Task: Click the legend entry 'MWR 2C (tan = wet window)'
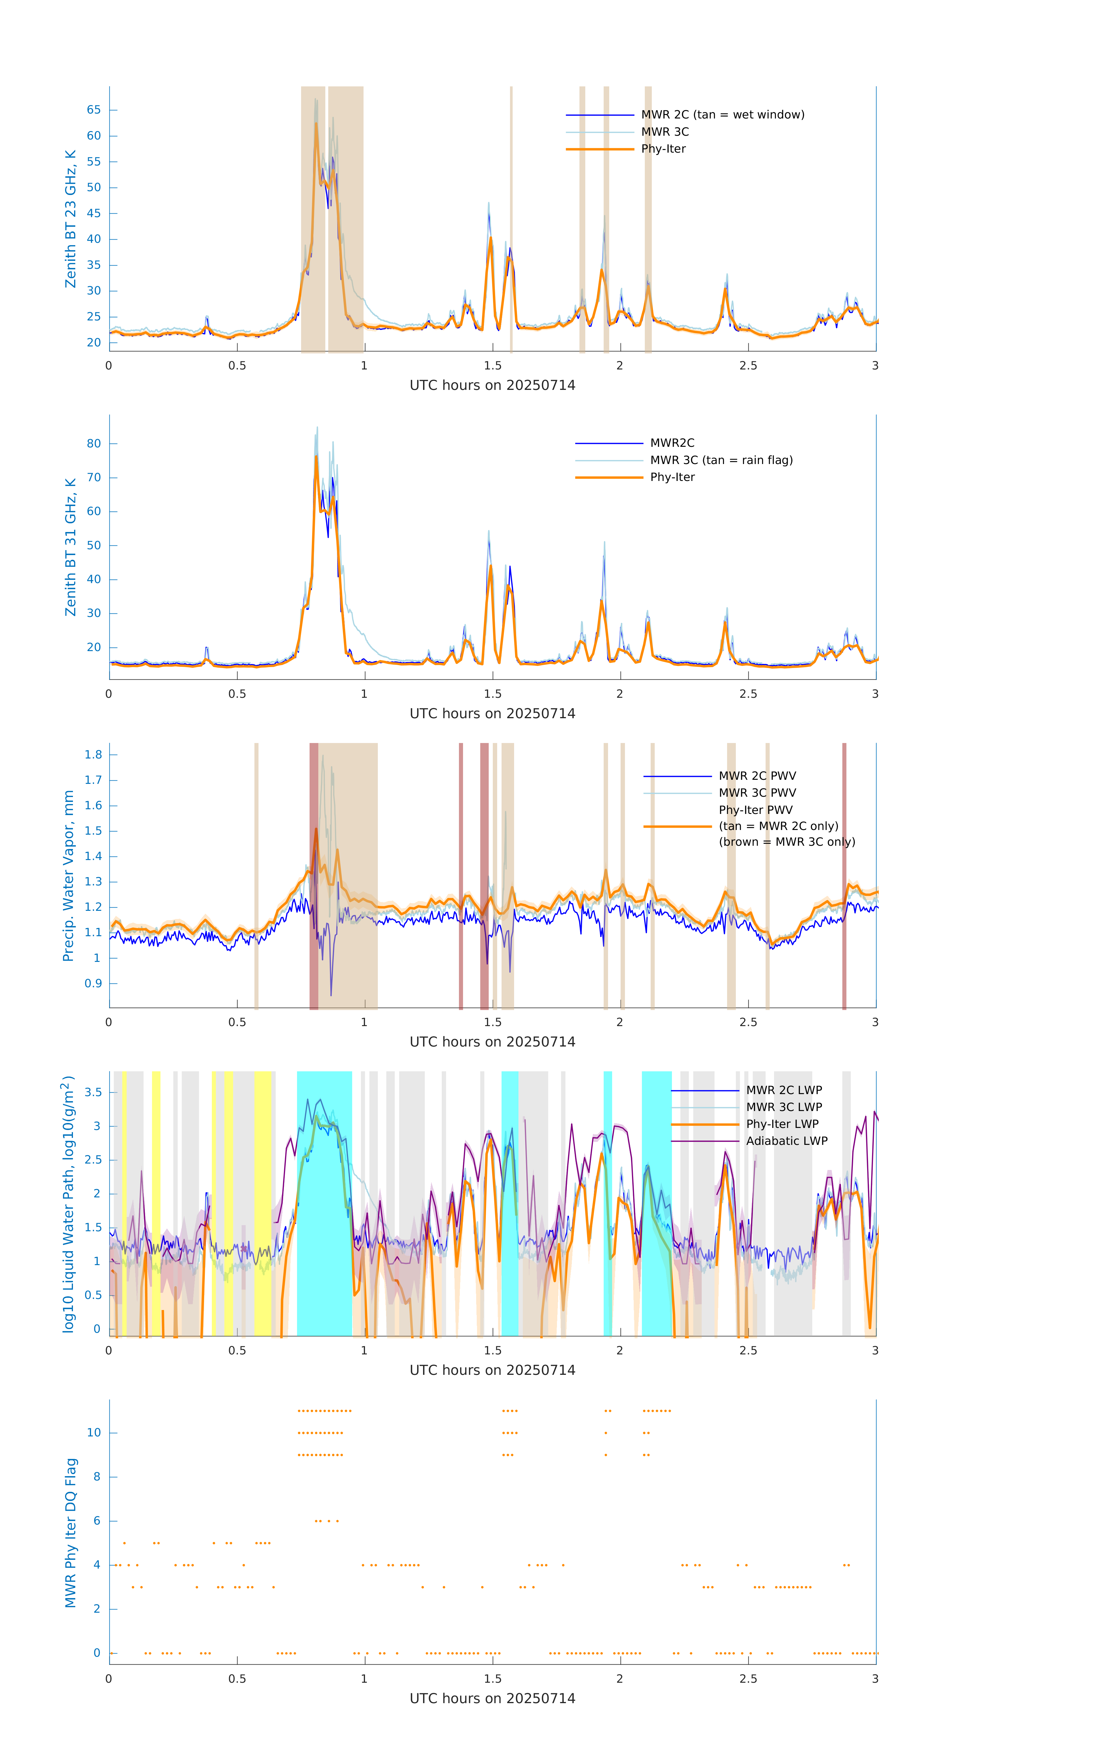[x=722, y=115]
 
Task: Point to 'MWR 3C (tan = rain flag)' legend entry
[x=720, y=460]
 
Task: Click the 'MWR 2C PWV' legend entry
[x=757, y=776]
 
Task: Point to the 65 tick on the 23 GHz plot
[x=94, y=110]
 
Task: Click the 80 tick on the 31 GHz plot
[x=94, y=444]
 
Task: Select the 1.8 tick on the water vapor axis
[x=93, y=755]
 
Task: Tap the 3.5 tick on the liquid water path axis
[x=93, y=1092]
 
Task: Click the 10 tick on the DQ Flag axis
[x=94, y=1433]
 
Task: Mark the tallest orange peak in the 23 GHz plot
[x=316, y=125]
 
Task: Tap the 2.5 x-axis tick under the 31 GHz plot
[x=748, y=694]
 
